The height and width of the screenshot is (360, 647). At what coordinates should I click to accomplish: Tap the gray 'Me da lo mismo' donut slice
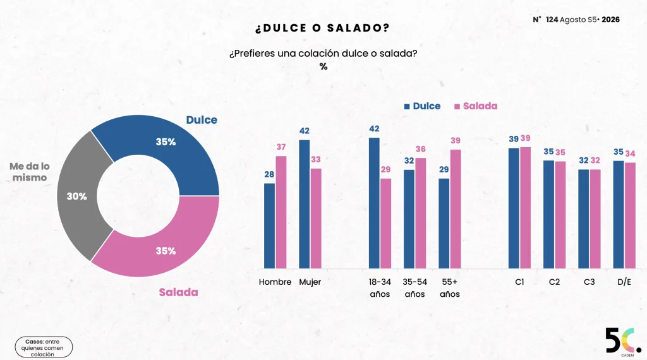click(78, 196)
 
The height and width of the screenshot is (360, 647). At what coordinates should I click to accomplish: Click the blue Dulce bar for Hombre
click(269, 226)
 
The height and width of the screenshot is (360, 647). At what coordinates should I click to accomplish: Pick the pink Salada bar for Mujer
click(316, 219)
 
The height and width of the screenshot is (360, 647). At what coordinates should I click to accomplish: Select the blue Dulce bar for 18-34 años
click(374, 203)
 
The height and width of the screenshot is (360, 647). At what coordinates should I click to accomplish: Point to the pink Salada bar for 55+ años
click(456, 209)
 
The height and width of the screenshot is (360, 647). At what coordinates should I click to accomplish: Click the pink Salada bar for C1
click(525, 208)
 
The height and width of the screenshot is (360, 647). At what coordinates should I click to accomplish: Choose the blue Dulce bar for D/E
click(619, 215)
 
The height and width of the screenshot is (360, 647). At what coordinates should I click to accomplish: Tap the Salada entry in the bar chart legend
click(476, 106)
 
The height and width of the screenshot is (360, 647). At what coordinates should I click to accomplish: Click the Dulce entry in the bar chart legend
click(422, 106)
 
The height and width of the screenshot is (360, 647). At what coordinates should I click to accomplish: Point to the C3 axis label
click(590, 282)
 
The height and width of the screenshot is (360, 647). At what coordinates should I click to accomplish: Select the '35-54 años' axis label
click(414, 288)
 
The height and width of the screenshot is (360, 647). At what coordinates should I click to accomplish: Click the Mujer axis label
click(310, 282)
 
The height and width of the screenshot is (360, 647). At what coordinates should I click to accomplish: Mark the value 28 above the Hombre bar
click(269, 174)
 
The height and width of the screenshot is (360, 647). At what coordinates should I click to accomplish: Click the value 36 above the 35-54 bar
click(420, 149)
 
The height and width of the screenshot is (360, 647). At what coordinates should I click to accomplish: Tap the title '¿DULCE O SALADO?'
click(322, 28)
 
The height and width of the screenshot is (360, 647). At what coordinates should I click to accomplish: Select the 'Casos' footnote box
click(44, 347)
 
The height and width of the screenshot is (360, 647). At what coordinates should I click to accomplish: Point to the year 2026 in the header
click(611, 20)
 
